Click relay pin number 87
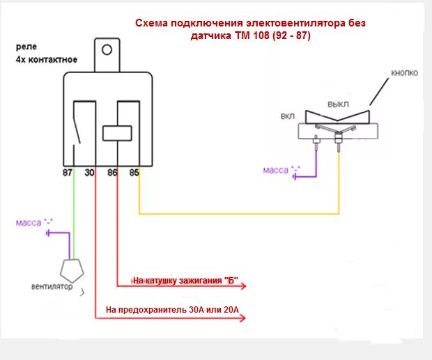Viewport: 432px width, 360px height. [67, 171]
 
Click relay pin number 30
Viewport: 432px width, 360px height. [89, 171]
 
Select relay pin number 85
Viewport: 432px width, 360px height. [134, 171]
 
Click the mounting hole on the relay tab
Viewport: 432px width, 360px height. [107, 50]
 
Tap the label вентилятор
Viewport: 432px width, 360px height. [52, 286]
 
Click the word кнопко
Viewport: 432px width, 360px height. [405, 73]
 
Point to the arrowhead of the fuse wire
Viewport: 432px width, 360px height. [242, 319]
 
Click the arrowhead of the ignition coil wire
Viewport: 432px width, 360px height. [255, 285]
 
